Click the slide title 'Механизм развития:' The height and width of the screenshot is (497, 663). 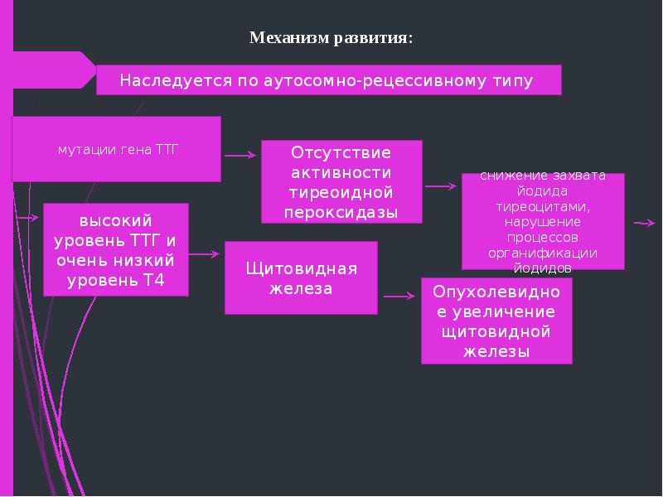(331, 38)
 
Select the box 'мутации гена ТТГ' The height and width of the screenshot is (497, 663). (117, 150)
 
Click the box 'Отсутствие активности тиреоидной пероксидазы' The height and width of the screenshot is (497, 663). (341, 182)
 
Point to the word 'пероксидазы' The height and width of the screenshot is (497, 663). (341, 213)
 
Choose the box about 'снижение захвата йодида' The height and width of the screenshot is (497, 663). (543, 222)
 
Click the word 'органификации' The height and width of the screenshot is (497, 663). (543, 253)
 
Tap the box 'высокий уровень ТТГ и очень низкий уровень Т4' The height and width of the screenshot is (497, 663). (116, 250)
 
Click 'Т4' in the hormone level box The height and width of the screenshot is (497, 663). (154, 280)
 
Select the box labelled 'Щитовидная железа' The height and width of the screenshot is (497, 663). (301, 278)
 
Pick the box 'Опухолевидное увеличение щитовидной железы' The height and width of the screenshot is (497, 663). (496, 321)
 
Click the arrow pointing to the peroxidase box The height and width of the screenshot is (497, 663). (240, 155)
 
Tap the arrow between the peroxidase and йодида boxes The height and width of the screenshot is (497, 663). (441, 187)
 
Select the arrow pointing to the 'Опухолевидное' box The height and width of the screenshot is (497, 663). (399, 296)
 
